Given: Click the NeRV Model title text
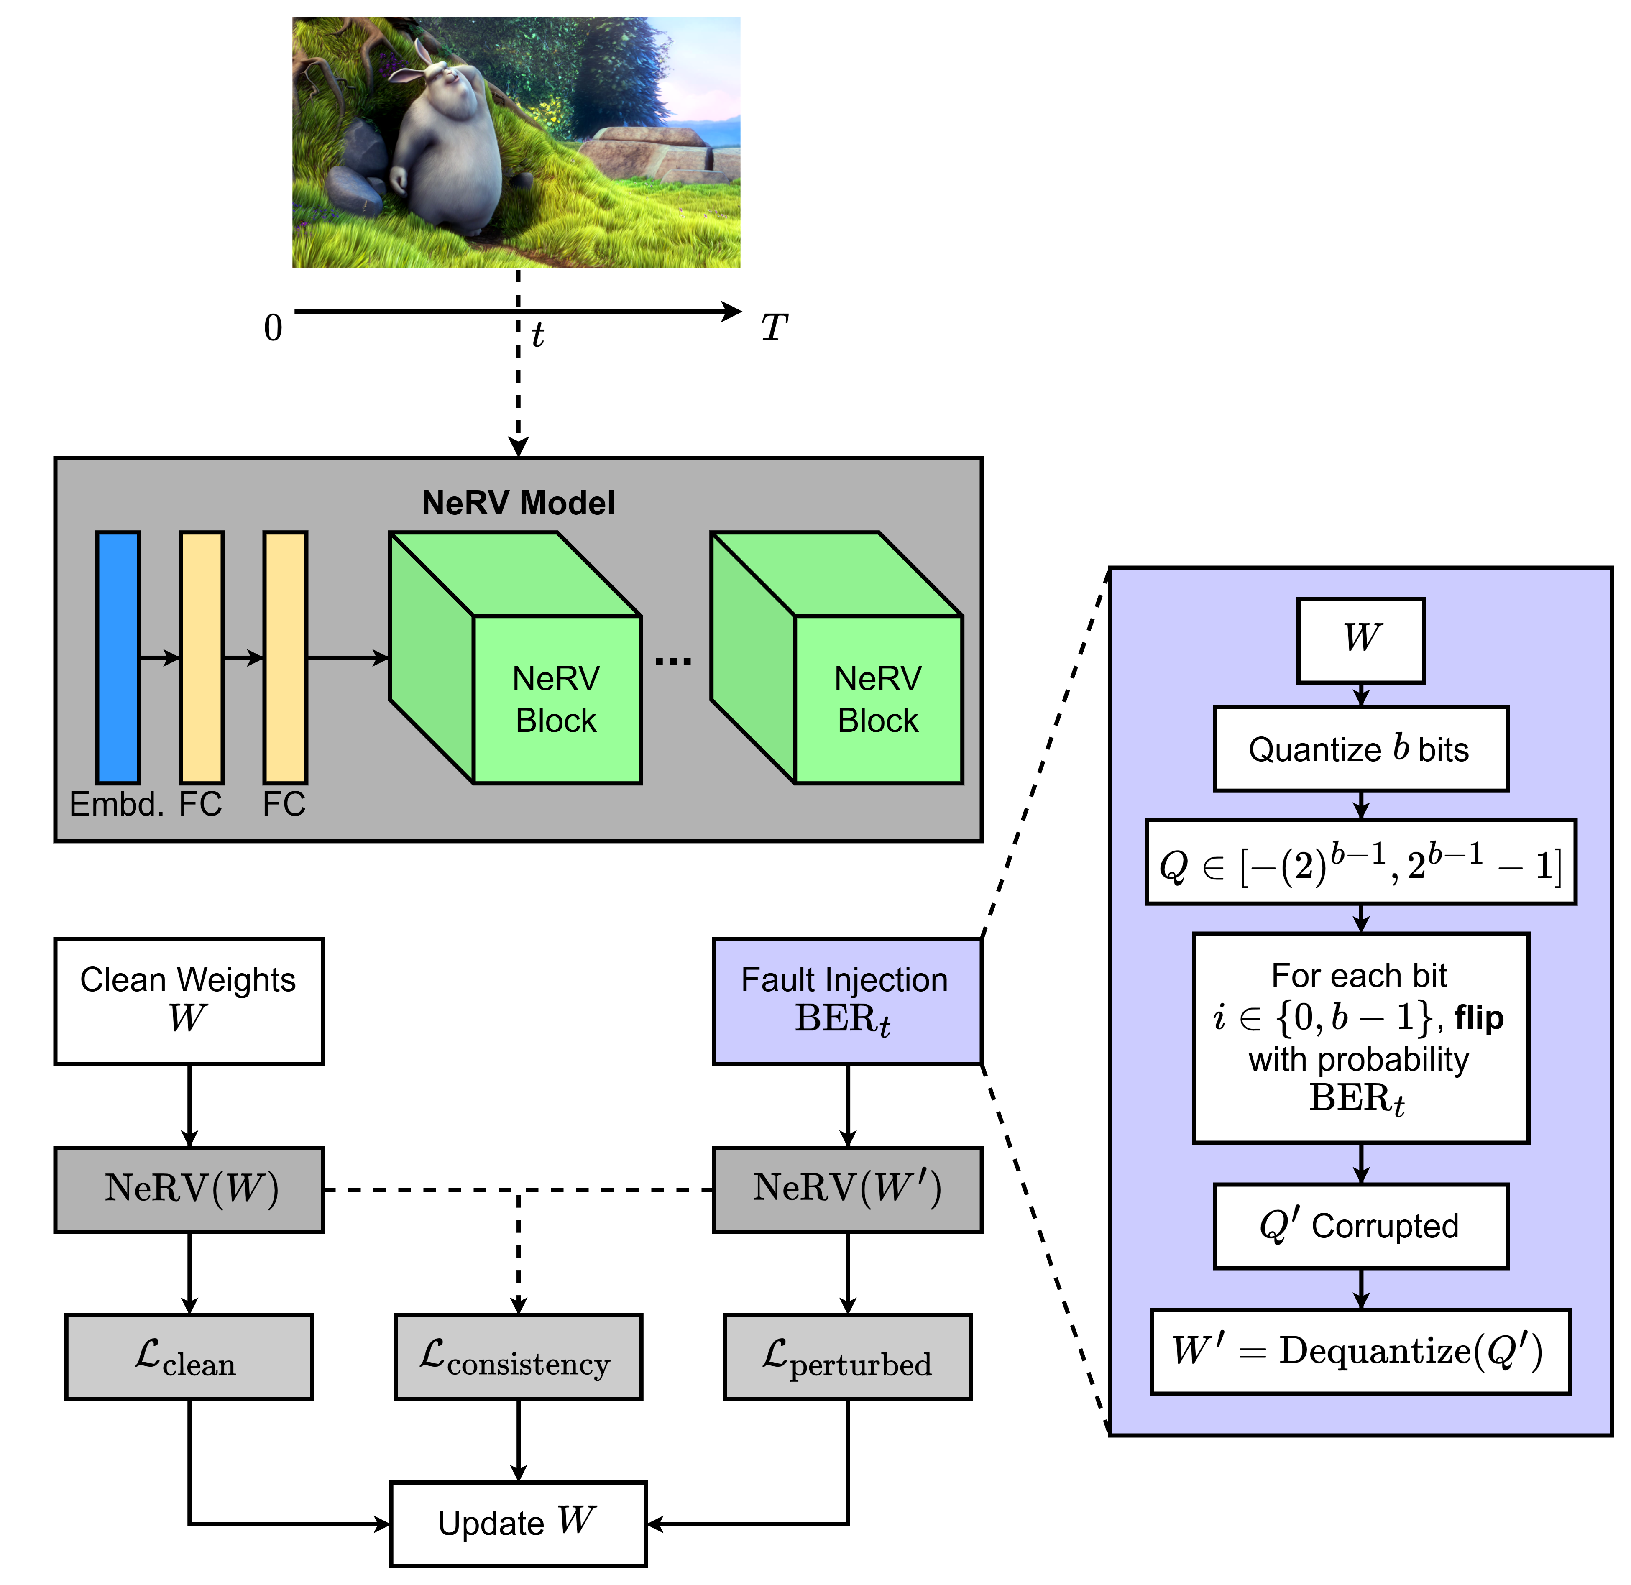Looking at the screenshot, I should click(518, 503).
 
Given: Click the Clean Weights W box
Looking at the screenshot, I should click(189, 1001).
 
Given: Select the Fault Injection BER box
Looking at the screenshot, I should click(847, 1001).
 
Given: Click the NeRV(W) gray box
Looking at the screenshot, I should click(189, 1189).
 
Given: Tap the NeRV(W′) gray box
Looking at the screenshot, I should click(847, 1189).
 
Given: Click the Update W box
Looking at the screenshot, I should click(518, 1524).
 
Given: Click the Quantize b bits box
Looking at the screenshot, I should click(1360, 749).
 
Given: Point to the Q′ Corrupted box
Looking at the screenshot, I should click(1360, 1225).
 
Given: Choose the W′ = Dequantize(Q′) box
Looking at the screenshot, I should click(1360, 1351).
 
